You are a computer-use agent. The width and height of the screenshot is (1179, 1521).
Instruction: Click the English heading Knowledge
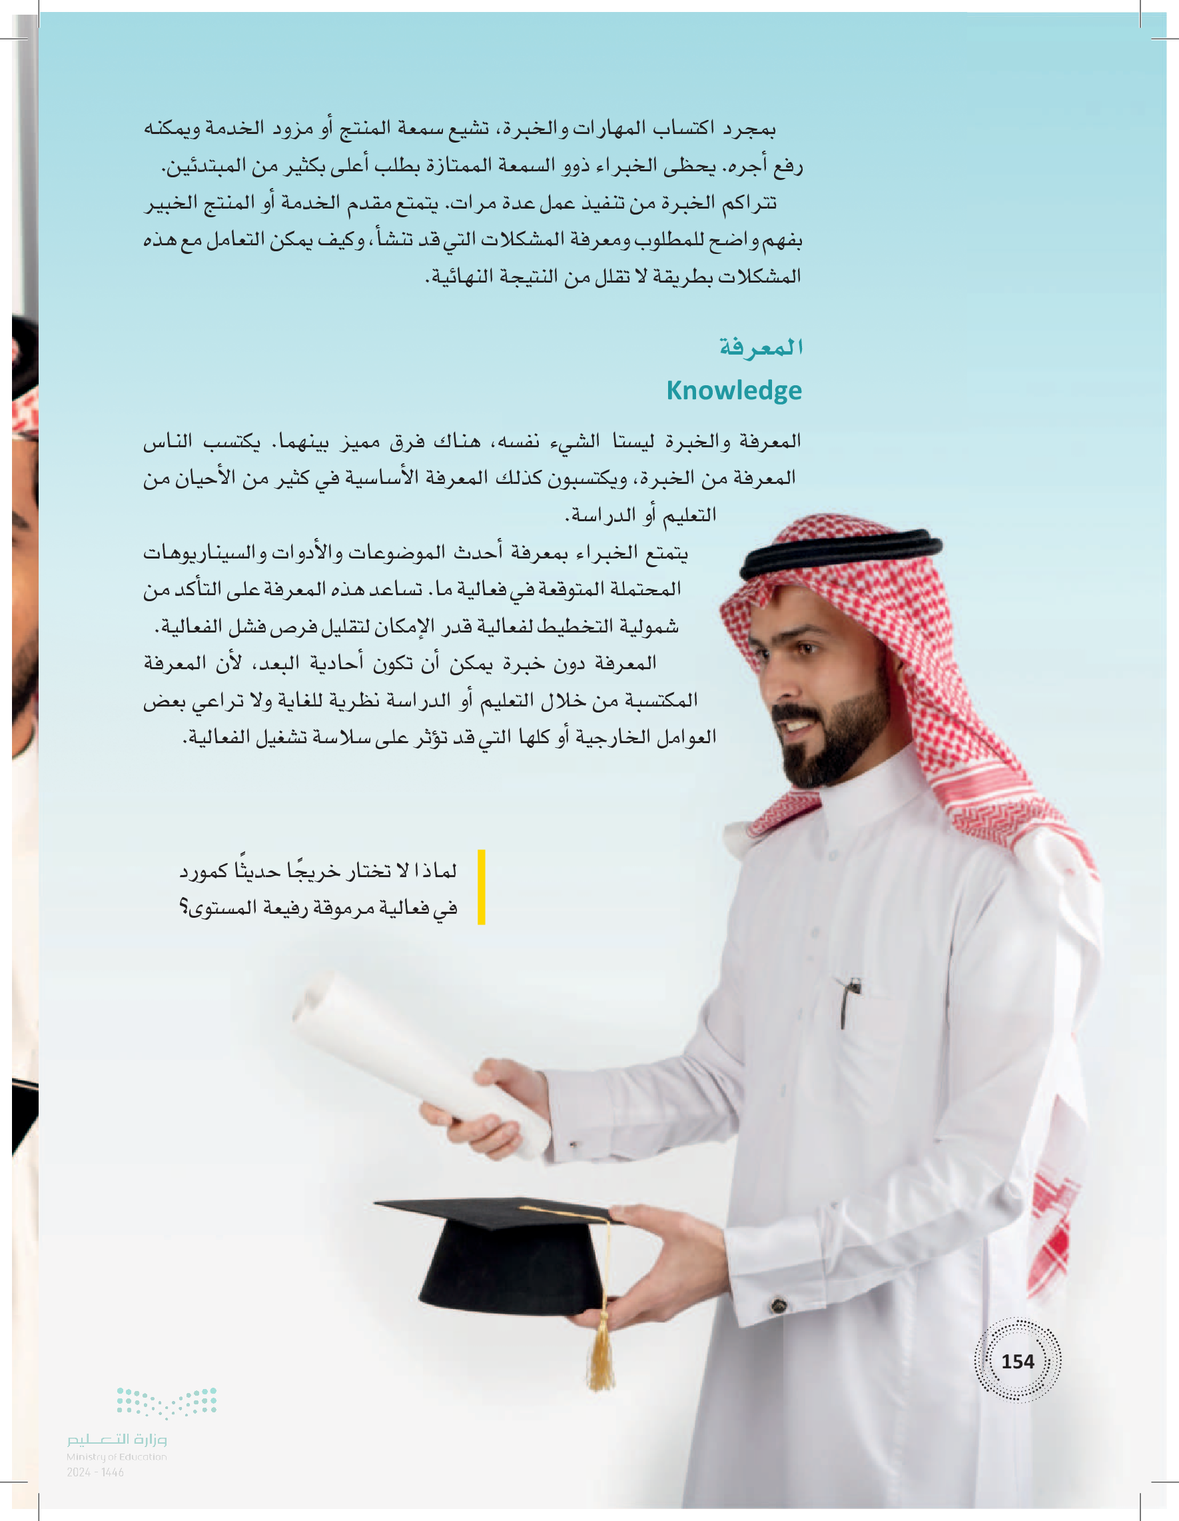pos(733,391)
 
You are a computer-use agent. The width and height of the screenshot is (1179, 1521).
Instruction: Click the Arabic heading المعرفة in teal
pos(761,347)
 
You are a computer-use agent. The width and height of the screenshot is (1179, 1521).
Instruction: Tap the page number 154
pos(1017,1361)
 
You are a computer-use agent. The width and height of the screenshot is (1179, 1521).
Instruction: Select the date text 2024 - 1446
pos(95,1472)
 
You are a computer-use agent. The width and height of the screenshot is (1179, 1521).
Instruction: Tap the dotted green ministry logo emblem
pos(167,1402)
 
